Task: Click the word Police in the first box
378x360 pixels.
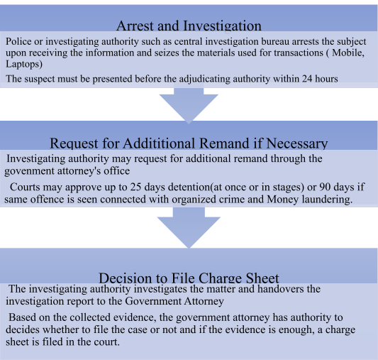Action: [x=18, y=41]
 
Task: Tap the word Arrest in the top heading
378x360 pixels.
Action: [x=135, y=26]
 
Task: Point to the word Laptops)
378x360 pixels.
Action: [x=24, y=64]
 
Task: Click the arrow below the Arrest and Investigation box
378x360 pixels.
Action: [x=189, y=104]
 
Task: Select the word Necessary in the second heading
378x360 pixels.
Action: [x=297, y=144]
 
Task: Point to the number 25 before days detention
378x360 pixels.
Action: [x=135, y=187]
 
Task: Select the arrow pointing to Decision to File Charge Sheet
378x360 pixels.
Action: [x=189, y=227]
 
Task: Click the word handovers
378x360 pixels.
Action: [x=281, y=289]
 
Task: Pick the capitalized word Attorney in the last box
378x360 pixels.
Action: [x=204, y=301]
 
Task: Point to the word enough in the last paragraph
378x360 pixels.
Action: [x=296, y=330]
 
